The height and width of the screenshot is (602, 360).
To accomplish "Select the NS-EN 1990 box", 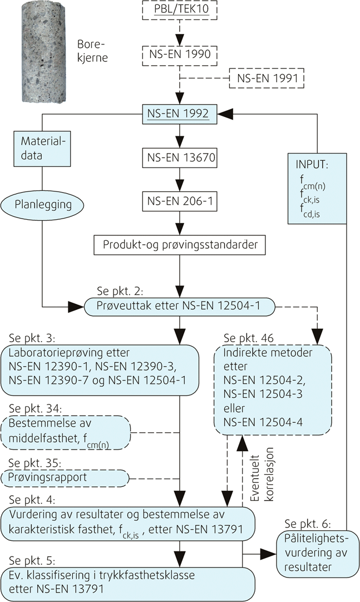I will click(178, 56).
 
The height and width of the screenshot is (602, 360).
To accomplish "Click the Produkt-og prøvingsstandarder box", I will click(178, 244).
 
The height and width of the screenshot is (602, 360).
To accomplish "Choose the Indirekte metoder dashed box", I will click(273, 387).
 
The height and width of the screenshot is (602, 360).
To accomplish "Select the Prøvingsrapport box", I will click(65, 477).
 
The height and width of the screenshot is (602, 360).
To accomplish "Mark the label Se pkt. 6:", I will click(307, 524).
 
